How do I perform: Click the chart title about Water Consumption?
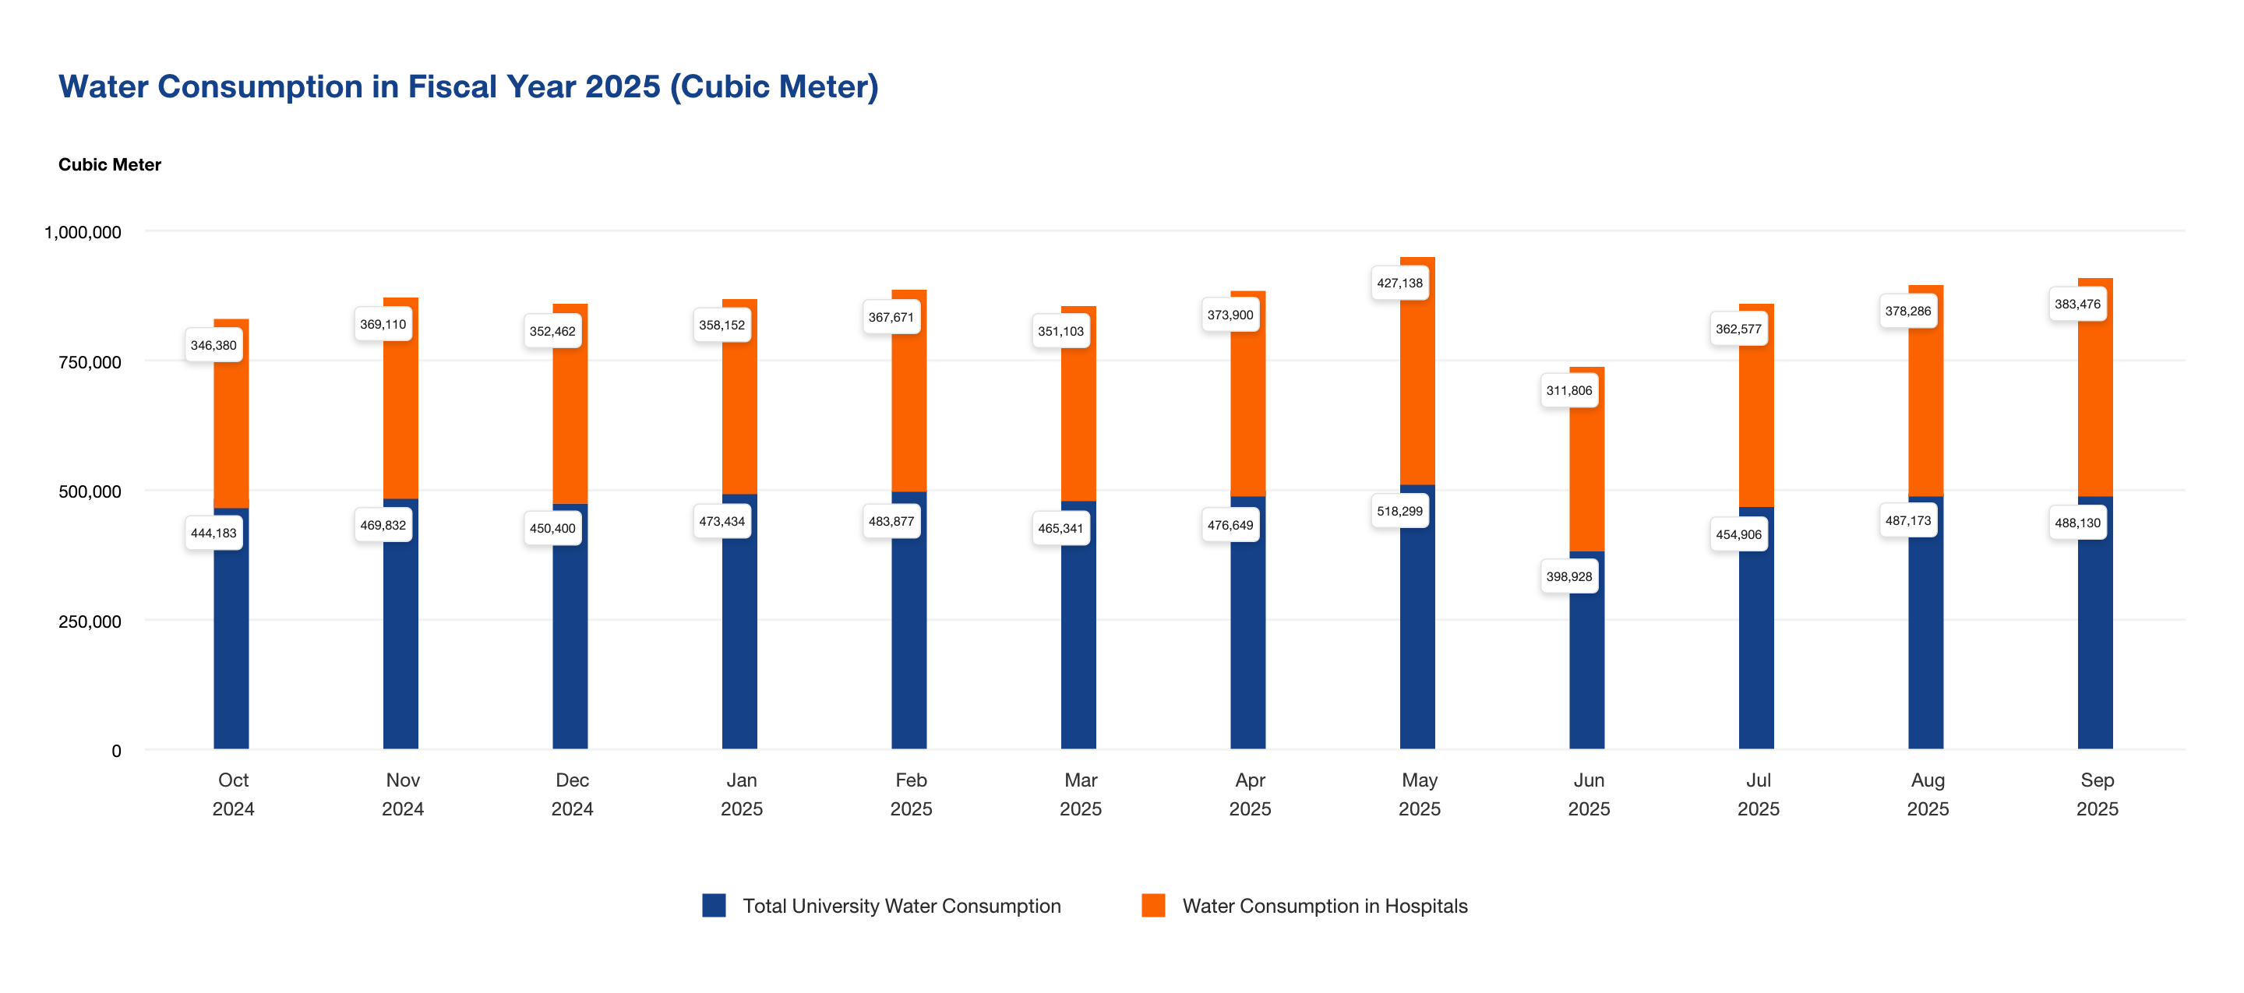point(467,87)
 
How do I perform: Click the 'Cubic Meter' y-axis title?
point(110,164)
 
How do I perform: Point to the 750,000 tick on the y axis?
point(90,362)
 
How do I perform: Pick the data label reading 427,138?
point(1399,283)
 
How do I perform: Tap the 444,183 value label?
point(213,533)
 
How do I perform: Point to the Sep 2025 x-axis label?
point(2096,794)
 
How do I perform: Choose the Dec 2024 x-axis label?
point(571,794)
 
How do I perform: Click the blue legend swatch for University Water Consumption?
point(714,905)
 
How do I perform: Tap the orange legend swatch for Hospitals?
point(1152,905)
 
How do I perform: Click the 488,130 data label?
point(2076,523)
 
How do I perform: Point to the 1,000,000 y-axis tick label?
point(83,233)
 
